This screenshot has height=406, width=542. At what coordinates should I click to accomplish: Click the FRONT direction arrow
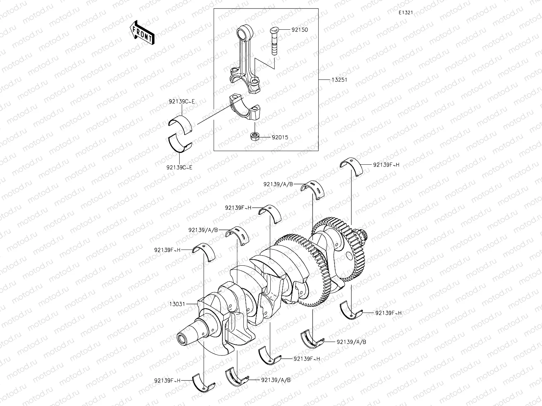tap(142, 32)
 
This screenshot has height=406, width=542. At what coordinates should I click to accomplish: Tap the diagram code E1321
tap(406, 13)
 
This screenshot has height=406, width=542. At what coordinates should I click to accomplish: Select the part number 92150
tap(299, 30)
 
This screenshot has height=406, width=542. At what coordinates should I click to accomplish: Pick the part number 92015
tap(280, 137)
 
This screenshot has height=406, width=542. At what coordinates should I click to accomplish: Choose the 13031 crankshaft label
tap(177, 304)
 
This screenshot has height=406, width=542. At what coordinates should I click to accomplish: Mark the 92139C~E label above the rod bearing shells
tap(182, 102)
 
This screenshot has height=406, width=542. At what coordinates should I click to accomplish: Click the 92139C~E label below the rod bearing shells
tap(179, 167)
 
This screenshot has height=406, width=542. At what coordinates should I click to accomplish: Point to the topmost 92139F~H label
tap(386, 165)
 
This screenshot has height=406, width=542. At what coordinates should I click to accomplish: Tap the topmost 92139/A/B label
tap(278, 184)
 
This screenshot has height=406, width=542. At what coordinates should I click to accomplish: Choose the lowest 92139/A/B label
tap(276, 380)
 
